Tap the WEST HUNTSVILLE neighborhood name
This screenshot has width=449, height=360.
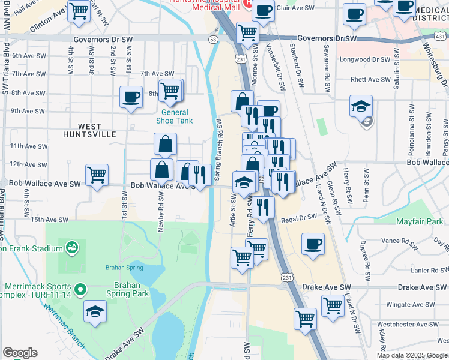[89, 130]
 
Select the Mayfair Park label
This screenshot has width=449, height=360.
[420, 221]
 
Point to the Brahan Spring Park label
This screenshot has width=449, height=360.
[127, 290]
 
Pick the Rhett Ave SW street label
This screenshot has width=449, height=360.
[370, 79]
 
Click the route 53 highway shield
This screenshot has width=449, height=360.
[213, 39]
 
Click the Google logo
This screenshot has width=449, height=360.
[19, 353]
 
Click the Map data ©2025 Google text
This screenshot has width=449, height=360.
[411, 355]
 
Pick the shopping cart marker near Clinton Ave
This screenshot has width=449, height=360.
[79, 11]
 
